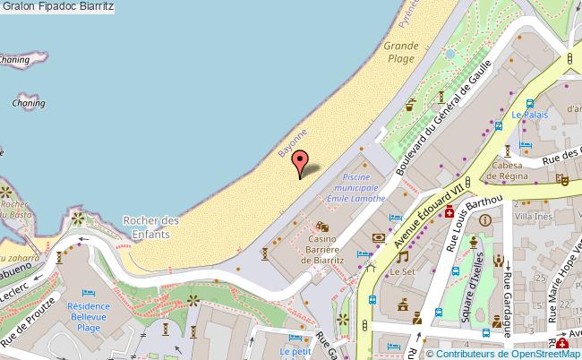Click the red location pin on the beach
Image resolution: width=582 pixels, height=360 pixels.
click(300, 164)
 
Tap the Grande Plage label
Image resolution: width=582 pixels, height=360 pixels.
click(401, 52)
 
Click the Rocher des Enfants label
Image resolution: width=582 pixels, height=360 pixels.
click(151, 227)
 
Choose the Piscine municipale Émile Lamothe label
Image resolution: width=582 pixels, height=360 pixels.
click(355, 187)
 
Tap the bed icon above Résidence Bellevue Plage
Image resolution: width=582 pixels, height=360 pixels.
click(88, 293)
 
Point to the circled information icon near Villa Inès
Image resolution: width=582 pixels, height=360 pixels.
click(484, 219)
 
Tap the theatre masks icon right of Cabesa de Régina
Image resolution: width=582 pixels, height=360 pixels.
click(562, 178)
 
